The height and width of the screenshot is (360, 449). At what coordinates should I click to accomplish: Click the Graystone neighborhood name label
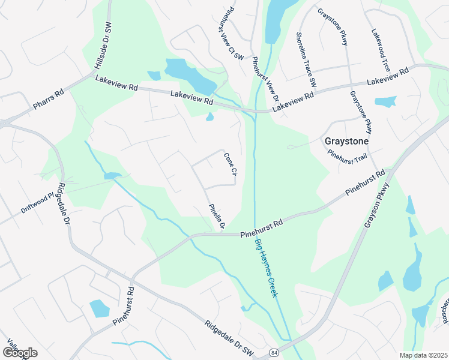point(345,142)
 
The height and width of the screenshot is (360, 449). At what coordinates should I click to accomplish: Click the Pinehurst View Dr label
point(266,79)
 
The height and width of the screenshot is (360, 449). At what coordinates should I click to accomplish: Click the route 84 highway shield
point(274,352)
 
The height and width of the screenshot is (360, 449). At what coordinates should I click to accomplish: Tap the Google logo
point(20,353)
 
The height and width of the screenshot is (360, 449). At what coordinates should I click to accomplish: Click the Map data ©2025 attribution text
point(423,355)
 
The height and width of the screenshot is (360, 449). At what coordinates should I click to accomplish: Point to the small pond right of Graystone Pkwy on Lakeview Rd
point(385,101)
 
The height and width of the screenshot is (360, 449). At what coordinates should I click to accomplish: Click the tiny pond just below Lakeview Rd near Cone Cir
point(209,117)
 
